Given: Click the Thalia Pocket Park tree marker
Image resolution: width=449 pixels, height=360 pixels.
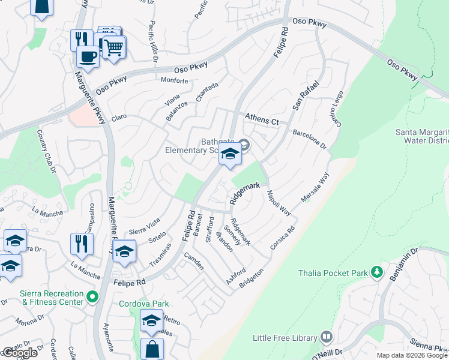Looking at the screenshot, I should coord(377,273).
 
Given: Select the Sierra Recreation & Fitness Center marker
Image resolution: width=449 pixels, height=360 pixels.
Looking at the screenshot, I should coord(92,296).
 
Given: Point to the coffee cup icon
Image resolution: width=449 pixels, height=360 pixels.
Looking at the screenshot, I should coord(88,57).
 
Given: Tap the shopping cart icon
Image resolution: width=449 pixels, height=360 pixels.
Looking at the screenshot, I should coord(113,47).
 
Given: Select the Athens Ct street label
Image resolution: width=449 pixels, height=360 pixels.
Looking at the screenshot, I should coord(262,119).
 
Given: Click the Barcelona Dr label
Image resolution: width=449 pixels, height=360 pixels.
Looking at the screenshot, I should coord(309,138).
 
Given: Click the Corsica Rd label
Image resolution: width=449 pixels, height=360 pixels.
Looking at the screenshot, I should coord(283,239).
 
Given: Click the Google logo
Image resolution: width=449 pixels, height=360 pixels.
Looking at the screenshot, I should coord(19,353).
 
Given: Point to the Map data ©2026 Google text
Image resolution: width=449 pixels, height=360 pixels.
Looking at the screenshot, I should coord(412,355).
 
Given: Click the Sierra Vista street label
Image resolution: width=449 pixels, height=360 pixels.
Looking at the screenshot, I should coord(145,226).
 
